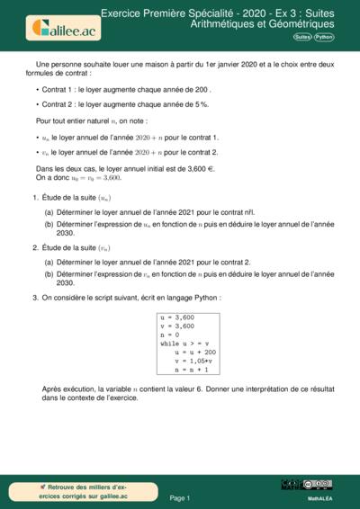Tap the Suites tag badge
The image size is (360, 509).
[303, 37]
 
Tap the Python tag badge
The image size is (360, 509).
[324, 37]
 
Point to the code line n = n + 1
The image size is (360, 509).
[192, 369]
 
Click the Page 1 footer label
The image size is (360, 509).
[180, 497]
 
